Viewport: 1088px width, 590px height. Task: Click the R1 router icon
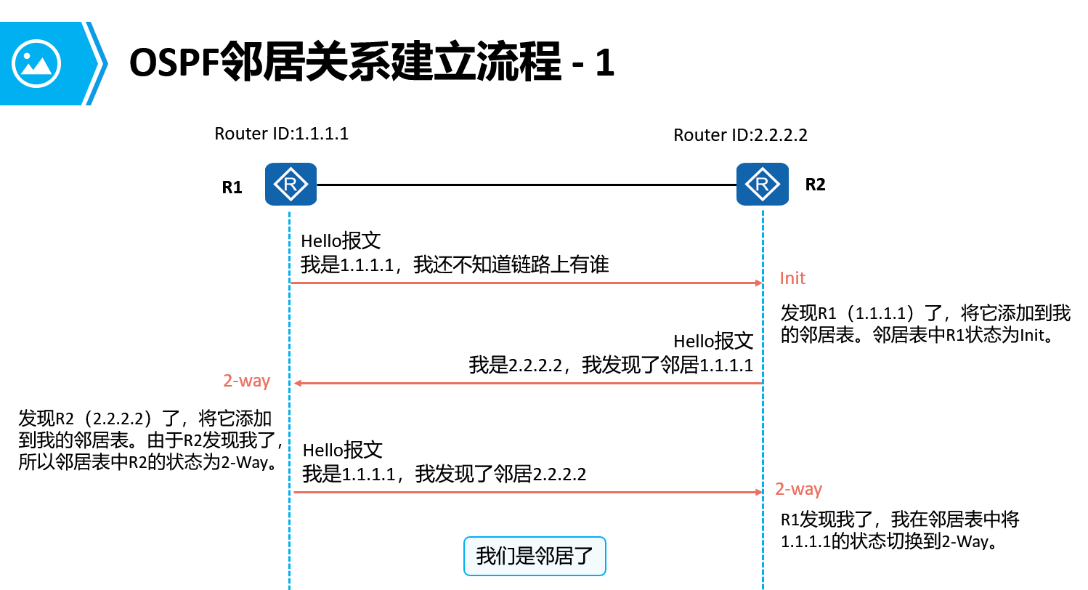coord(291,185)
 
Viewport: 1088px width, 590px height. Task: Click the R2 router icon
coord(762,185)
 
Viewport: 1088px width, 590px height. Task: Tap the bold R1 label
coord(232,187)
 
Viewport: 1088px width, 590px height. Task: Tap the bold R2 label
coord(815,185)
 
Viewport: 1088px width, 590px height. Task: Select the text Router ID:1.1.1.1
coord(281,134)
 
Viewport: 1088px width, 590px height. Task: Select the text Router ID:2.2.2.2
coord(740,135)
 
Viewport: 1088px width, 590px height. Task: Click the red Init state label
coord(792,278)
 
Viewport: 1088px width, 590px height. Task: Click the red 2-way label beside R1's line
coord(246,381)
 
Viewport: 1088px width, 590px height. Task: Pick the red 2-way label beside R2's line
coord(798,489)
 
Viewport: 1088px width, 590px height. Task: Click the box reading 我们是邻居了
coord(535,557)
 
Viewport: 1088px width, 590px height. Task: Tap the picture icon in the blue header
coord(36,64)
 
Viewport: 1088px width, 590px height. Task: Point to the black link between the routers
coord(527,185)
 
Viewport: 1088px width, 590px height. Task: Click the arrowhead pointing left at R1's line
coord(297,383)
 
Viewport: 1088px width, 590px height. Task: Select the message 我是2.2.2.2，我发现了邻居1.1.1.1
coord(611,365)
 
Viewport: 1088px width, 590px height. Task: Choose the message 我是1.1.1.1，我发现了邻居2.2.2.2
coord(444,475)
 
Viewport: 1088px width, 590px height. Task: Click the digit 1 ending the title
coord(605,64)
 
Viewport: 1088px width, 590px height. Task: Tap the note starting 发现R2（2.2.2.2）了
coord(150,440)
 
